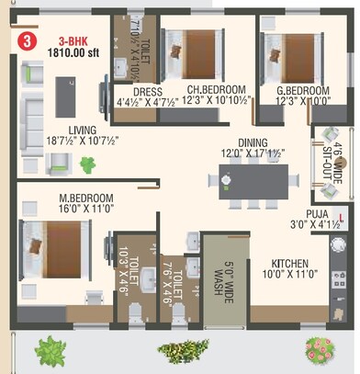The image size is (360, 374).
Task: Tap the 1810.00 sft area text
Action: point(72,53)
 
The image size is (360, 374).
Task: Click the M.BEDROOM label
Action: point(88,198)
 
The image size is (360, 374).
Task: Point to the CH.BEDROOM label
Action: point(213,90)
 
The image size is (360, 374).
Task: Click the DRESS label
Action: point(147,92)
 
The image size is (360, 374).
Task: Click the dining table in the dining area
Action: point(253,176)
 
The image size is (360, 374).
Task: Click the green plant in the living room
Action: point(88,164)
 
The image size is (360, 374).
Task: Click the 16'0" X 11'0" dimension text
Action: point(88,210)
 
